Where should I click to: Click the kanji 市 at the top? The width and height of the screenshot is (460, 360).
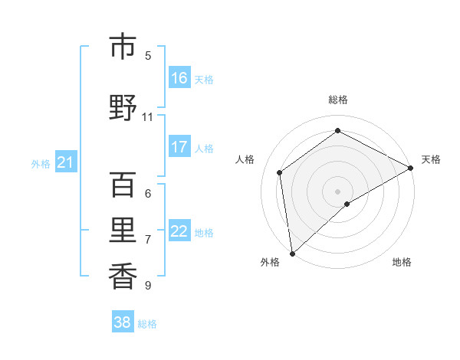[123, 47]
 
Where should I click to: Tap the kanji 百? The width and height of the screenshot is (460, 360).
[123, 185]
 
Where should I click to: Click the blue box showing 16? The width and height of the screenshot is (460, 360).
[179, 78]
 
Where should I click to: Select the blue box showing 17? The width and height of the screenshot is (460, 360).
[179, 147]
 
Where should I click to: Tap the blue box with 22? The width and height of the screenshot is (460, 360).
[179, 231]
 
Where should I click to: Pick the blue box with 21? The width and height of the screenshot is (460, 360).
[65, 162]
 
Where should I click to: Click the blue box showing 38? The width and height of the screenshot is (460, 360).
[123, 322]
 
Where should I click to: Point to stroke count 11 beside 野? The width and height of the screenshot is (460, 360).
[148, 117]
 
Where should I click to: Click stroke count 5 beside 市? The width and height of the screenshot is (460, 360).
[148, 56]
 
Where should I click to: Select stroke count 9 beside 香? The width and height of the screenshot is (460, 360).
[148, 286]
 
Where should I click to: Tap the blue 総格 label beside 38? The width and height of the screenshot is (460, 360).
[147, 324]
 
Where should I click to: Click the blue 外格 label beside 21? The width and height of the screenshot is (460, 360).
[40, 163]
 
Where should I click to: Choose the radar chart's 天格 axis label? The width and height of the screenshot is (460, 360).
[431, 159]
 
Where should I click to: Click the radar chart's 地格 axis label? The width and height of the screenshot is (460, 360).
[402, 262]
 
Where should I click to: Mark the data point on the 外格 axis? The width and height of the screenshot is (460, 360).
[291, 253]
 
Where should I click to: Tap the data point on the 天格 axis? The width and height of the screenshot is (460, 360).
[411, 167]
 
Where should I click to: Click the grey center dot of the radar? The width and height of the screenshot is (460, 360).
[337, 191]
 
